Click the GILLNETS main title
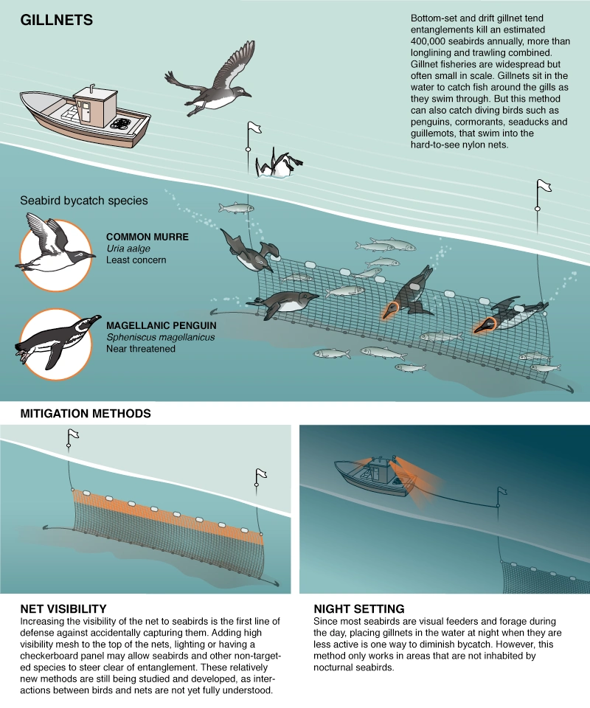coord(56,20)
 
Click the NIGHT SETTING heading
coord(359,608)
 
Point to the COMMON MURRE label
coord(147,237)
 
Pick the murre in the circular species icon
coord(55,243)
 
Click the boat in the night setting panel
coord(372,480)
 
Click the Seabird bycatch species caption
coord(83,201)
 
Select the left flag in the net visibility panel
coord(72,435)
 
